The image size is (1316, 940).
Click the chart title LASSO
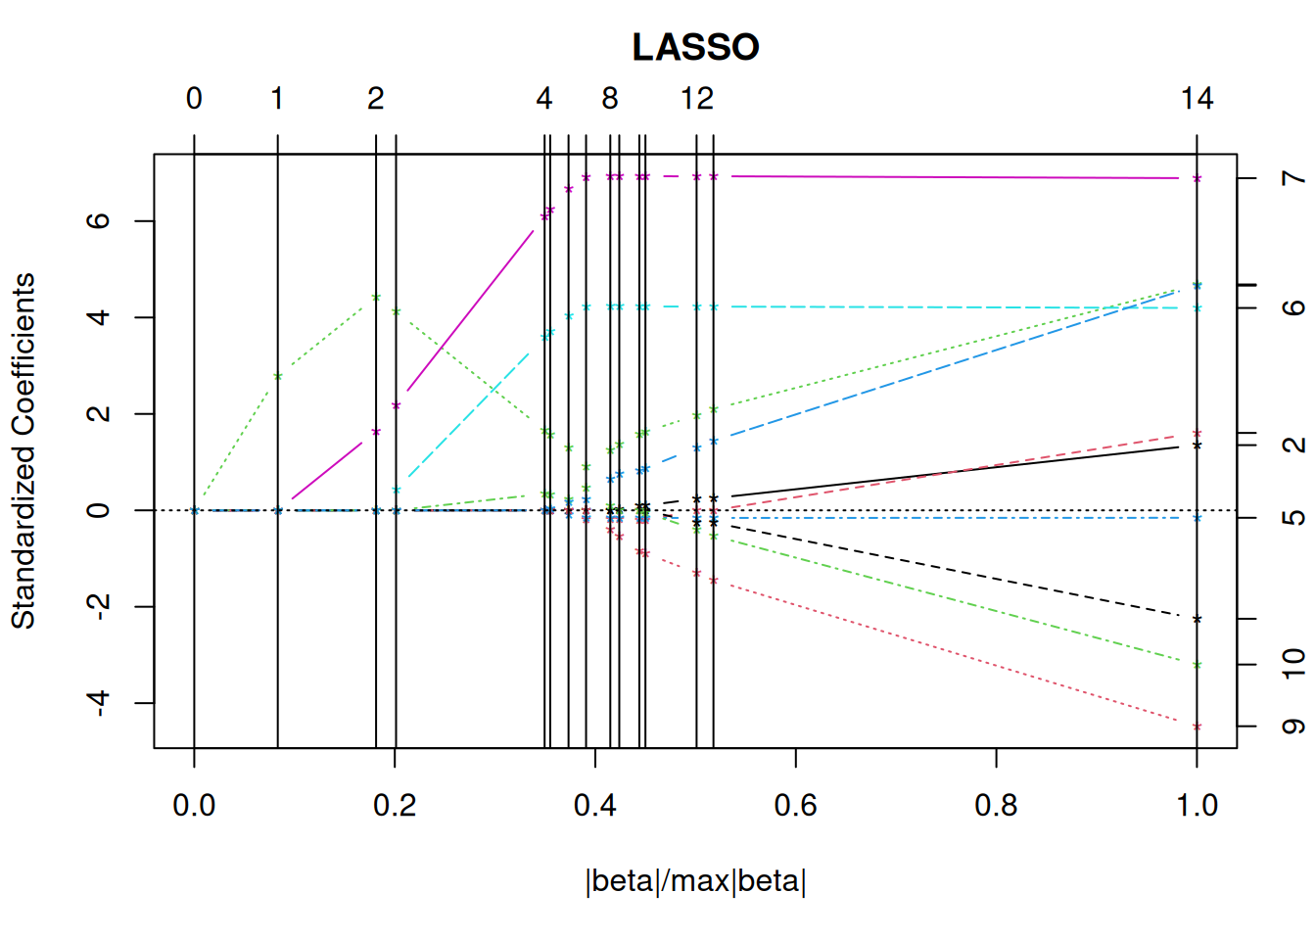(x=695, y=47)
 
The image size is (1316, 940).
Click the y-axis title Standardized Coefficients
(x=23, y=450)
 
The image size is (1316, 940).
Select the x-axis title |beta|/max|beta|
(x=695, y=881)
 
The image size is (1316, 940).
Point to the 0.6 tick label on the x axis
(x=795, y=806)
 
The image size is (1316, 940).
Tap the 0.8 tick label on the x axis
(x=996, y=806)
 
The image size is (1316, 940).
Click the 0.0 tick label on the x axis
(x=194, y=806)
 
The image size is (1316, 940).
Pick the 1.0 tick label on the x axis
(x=1197, y=806)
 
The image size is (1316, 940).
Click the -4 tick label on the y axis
(x=99, y=703)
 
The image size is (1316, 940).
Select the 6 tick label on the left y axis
(x=99, y=221)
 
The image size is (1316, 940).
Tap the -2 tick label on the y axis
(x=99, y=606)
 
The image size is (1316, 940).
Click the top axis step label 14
(x=1197, y=99)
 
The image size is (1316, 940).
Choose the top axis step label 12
(x=697, y=99)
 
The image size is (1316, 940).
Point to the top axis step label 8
(x=610, y=99)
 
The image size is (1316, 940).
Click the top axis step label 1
(x=278, y=99)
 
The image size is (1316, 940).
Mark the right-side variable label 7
(x=1293, y=178)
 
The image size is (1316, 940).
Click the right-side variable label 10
(x=1293, y=664)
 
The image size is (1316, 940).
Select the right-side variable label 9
(x=1293, y=727)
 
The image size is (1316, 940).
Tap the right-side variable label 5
(x=1293, y=517)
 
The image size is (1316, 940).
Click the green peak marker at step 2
(x=376, y=297)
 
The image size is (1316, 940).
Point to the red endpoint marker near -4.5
(x=1197, y=727)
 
